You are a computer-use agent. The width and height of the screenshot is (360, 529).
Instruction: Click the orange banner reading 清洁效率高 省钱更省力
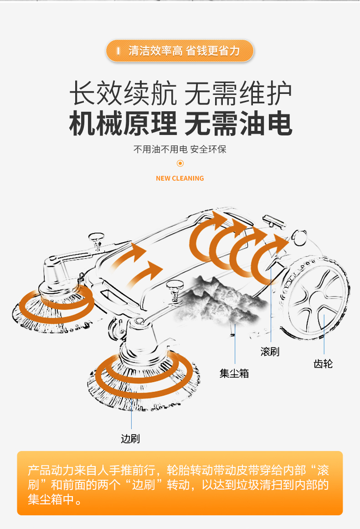[180, 51]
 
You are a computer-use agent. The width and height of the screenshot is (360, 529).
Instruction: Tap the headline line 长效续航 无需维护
[180, 94]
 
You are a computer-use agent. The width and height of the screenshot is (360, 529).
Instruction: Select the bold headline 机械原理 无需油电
[180, 124]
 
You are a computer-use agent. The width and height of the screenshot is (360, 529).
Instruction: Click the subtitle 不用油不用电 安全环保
[180, 150]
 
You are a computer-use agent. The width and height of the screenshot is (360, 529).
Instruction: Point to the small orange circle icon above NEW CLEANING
[180, 163]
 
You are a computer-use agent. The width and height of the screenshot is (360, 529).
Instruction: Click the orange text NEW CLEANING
[180, 178]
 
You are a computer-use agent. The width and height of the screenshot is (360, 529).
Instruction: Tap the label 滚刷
[270, 352]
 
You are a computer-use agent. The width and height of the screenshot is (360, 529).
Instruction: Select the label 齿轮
[323, 363]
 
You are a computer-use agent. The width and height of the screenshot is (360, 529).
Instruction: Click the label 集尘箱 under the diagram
[234, 373]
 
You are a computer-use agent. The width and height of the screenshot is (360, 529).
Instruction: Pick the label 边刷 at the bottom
[130, 439]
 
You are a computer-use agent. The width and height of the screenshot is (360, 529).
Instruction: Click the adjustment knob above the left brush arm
[97, 238]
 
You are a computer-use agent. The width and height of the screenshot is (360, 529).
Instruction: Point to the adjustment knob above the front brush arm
[174, 287]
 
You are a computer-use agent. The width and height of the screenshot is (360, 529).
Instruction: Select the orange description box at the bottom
[180, 483]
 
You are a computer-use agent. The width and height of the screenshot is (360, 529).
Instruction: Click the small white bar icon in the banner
[118, 51]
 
